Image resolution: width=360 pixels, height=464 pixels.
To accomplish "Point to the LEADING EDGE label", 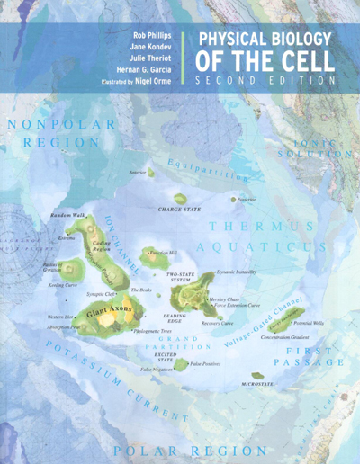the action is click(x=173, y=320).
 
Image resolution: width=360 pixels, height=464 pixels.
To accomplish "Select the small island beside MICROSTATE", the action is click(x=259, y=375).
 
